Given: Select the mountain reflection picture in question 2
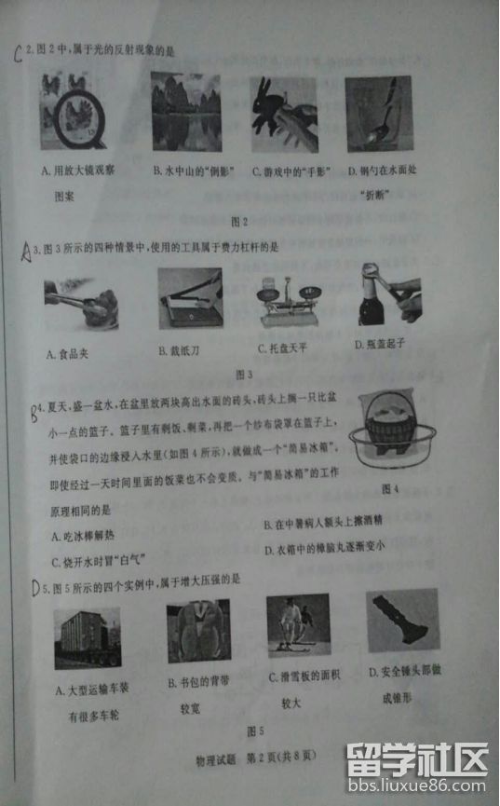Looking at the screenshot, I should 185,112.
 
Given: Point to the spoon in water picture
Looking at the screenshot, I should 378,113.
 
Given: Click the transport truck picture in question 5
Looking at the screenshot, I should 88,639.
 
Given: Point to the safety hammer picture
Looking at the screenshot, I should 402,623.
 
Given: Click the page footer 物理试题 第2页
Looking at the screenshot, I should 236,755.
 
